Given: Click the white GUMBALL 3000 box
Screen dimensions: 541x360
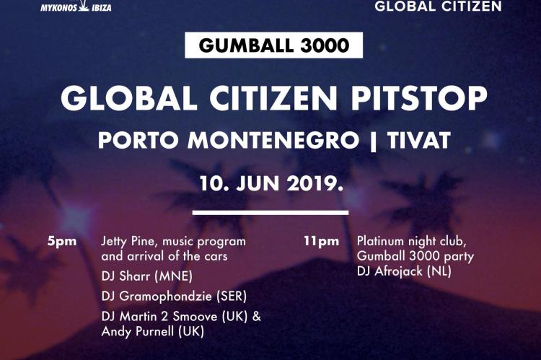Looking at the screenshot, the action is click(273, 45).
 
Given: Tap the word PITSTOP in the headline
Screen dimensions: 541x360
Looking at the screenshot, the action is click(418, 98).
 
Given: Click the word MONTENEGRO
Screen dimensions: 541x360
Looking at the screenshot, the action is click(273, 140).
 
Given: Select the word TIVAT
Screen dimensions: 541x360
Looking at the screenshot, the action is click(418, 140).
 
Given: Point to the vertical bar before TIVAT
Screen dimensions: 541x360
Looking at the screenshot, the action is click(373, 141).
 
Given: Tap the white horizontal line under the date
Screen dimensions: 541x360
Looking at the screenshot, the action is click(270, 213).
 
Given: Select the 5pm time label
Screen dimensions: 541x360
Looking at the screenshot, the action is click(62, 241).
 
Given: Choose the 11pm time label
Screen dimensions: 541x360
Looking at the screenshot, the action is click(321, 241).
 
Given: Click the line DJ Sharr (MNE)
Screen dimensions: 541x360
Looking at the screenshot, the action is click(147, 276).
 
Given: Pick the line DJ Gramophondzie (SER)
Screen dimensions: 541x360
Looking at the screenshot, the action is click(175, 296).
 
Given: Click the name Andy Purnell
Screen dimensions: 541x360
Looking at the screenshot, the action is click(137, 331).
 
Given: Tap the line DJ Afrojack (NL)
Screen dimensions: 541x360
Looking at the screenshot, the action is click(404, 271).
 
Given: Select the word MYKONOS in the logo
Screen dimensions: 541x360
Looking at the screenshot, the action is click(58, 8).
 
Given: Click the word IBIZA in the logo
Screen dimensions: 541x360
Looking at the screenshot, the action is click(102, 8).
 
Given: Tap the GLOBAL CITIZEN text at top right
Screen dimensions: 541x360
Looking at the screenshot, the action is click(438, 6).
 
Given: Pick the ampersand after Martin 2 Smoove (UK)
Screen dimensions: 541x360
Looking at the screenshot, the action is click(256, 317).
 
